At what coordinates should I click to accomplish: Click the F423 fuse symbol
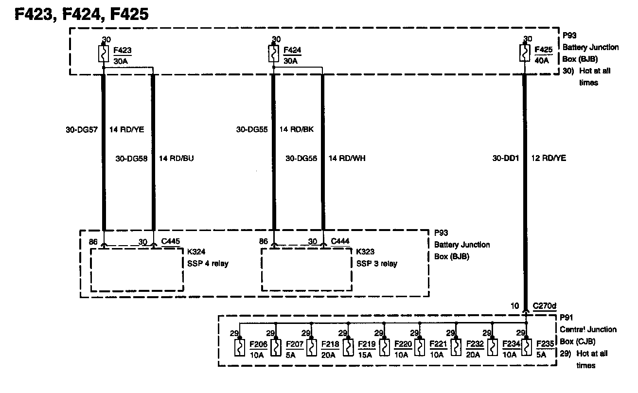(104, 54)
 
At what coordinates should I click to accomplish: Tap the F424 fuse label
(291, 50)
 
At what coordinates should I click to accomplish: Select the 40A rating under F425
(541, 61)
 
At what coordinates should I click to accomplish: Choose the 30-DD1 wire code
(506, 159)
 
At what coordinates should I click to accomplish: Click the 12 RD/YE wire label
(549, 159)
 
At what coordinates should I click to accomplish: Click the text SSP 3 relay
(376, 264)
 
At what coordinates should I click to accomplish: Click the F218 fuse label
(330, 344)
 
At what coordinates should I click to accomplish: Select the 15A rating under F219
(364, 355)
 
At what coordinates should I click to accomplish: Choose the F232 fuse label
(474, 344)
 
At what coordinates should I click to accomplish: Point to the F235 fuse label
(545, 344)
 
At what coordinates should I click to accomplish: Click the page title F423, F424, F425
(81, 14)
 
